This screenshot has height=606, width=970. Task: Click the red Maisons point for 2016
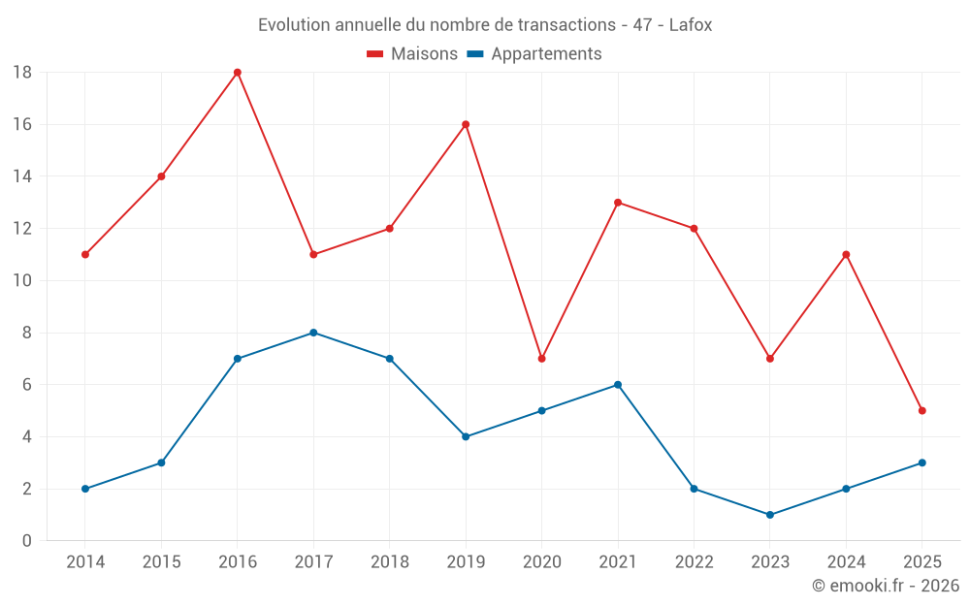pyautogui.click(x=238, y=73)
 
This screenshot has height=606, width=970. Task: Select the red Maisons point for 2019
pyautogui.click(x=466, y=124)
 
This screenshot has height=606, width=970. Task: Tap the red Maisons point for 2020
pyautogui.click(x=542, y=359)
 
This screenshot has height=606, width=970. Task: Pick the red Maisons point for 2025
pyautogui.click(x=922, y=410)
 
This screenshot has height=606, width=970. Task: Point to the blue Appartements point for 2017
pyautogui.click(x=313, y=333)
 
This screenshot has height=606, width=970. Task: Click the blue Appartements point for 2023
pyautogui.click(x=770, y=515)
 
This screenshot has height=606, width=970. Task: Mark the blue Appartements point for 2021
pyautogui.click(x=618, y=385)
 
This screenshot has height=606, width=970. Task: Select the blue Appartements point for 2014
pyautogui.click(x=85, y=489)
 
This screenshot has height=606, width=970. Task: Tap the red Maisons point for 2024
pyautogui.click(x=846, y=255)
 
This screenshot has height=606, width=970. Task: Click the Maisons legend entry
pyautogui.click(x=412, y=54)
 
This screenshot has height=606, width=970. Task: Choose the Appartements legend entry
pyautogui.click(x=534, y=54)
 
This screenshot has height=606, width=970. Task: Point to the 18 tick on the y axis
pyautogui.click(x=22, y=73)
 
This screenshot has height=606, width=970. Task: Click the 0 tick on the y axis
pyautogui.click(x=27, y=541)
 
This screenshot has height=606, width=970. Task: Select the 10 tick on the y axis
pyautogui.click(x=22, y=281)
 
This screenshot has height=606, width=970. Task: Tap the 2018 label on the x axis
pyautogui.click(x=389, y=561)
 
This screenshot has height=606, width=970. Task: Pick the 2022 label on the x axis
pyautogui.click(x=694, y=561)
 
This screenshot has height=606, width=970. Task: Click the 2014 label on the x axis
pyautogui.click(x=85, y=561)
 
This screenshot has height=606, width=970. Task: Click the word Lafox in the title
pyautogui.click(x=691, y=25)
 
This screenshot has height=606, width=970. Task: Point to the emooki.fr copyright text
pyautogui.click(x=886, y=586)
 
